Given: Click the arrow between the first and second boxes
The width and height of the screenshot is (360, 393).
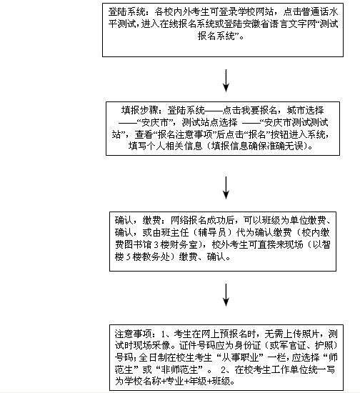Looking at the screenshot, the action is pyautogui.click(x=226, y=81).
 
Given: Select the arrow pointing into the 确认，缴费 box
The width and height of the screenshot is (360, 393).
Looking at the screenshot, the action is pyautogui.click(x=226, y=188).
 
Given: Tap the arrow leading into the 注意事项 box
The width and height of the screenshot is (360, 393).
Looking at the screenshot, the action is pyautogui.click(x=226, y=295).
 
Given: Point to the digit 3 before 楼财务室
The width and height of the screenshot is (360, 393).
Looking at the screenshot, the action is pyautogui.click(x=156, y=245).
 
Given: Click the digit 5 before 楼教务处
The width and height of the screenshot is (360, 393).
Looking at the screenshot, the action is pyautogui.click(x=128, y=257).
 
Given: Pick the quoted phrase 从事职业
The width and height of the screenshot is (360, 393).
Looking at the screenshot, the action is pyautogui.click(x=240, y=357).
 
